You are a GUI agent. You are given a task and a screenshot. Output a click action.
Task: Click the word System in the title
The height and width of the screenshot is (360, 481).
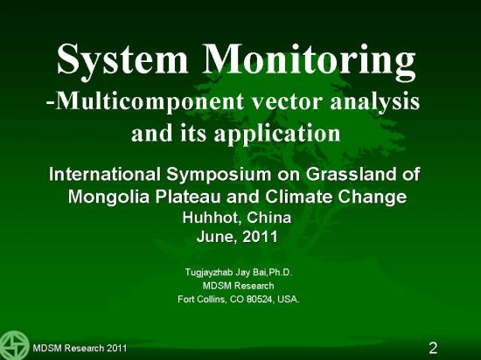122,61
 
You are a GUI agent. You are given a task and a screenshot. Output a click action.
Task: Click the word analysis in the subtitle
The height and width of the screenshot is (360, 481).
374,102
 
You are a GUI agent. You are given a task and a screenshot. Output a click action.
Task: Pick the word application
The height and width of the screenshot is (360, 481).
277,134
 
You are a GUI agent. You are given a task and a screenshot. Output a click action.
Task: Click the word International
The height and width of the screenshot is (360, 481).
105,174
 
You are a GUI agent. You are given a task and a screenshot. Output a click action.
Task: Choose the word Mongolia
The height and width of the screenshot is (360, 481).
108,197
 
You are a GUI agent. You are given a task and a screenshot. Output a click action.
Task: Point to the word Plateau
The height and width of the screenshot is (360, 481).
187,197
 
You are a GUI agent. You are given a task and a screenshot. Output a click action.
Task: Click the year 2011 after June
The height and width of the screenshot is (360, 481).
260,237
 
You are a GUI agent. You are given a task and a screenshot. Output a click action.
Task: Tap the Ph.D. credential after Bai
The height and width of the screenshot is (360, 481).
280,272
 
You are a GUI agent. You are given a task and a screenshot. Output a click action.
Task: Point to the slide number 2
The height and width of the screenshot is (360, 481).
433,348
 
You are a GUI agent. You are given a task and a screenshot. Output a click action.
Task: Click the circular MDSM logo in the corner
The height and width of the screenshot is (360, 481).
14,345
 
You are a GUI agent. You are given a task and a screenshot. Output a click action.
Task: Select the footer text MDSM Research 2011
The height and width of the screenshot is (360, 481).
80,349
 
